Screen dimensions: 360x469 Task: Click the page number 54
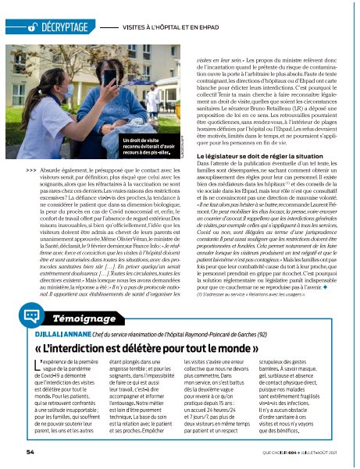30,451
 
